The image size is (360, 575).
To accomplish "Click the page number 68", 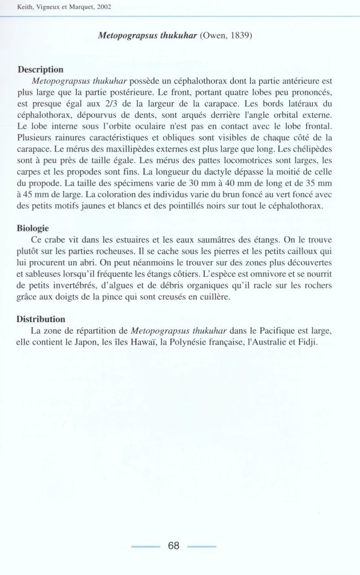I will click(x=174, y=546).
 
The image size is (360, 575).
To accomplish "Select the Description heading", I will click(x=40, y=70).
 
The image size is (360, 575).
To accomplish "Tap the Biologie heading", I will click(x=33, y=228).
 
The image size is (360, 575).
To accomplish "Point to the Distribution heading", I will click(x=41, y=319).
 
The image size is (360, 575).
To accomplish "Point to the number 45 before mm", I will click(x=27, y=196).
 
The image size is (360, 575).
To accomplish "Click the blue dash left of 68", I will click(x=145, y=547).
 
